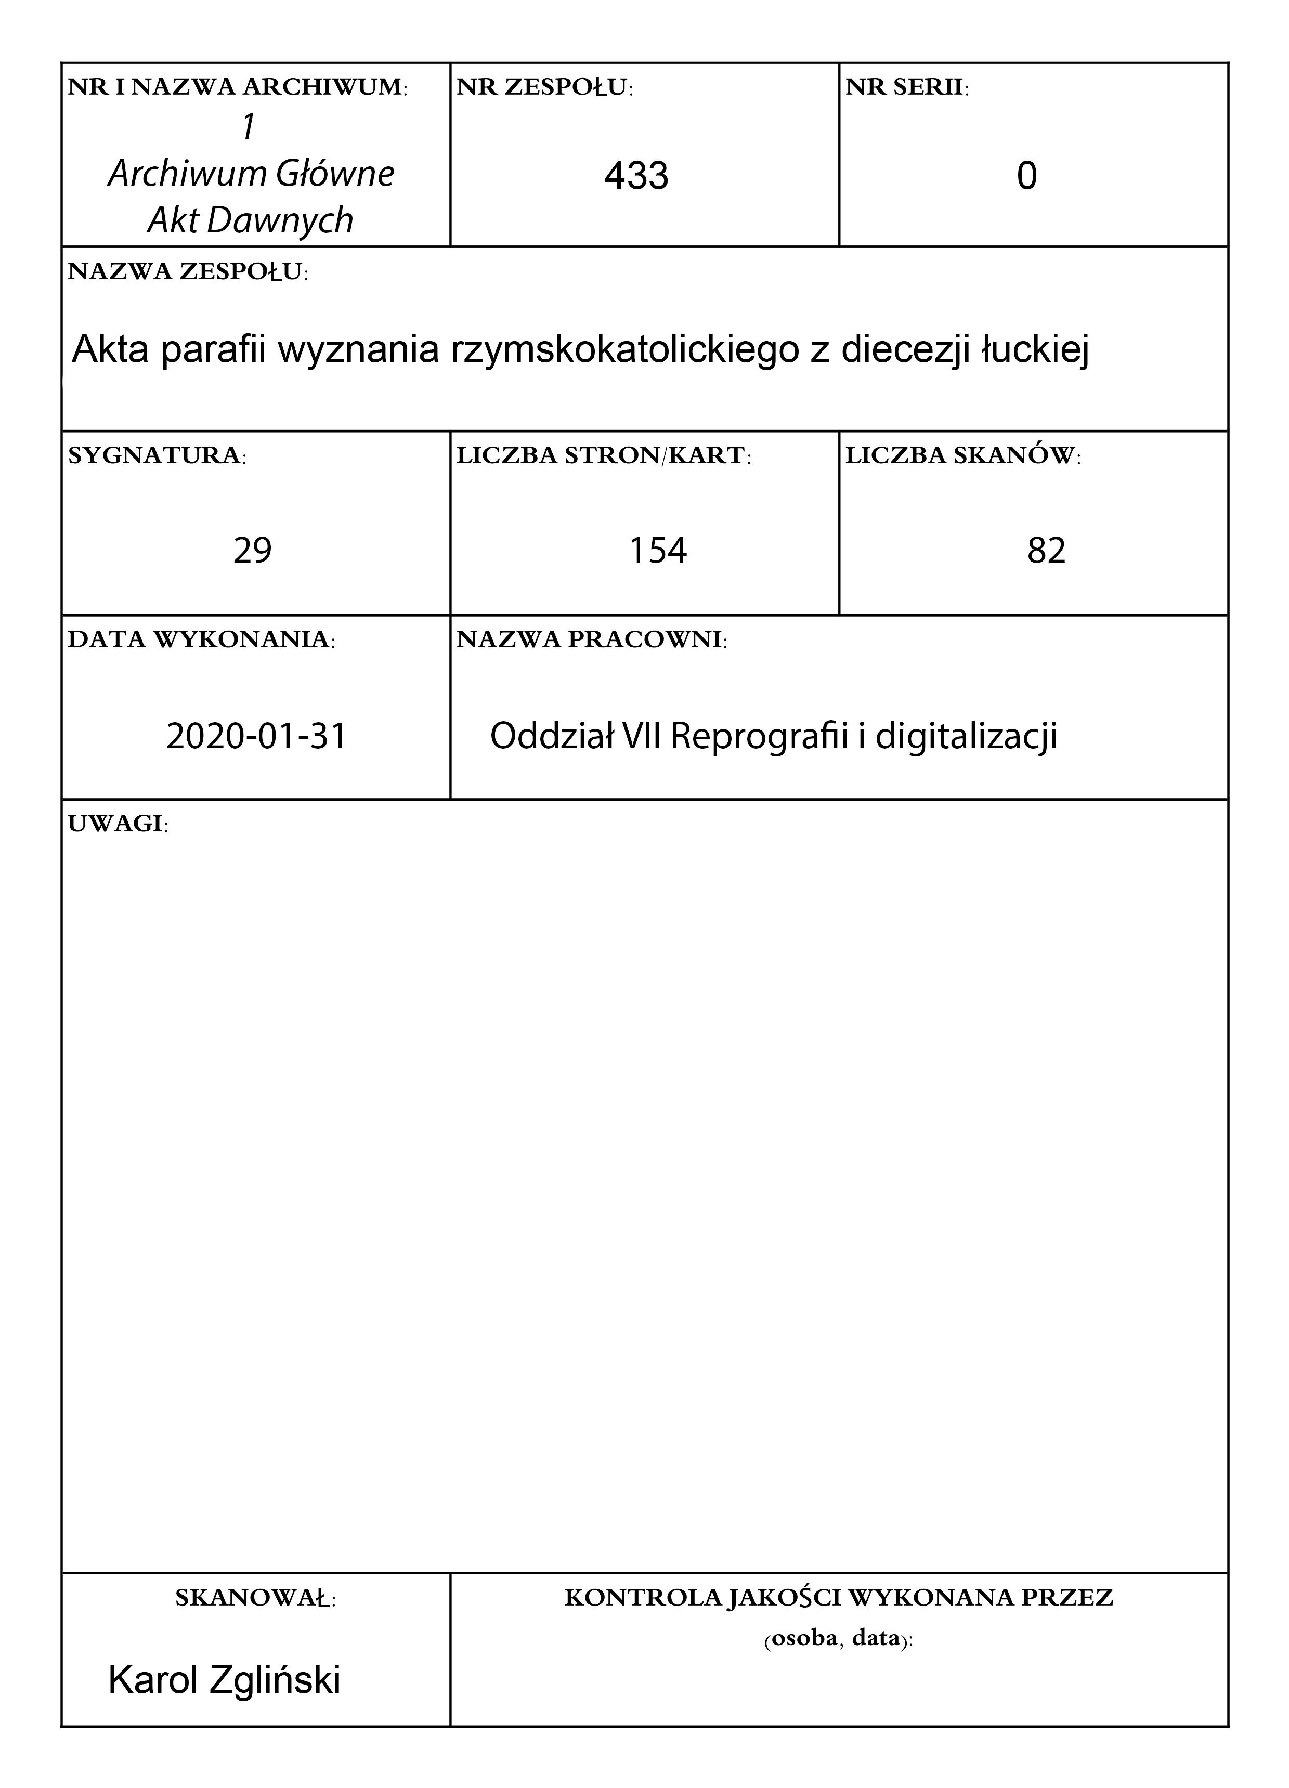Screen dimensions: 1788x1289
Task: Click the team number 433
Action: point(636,175)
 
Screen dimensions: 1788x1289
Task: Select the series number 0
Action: point(1026,175)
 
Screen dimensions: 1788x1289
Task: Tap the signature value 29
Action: point(252,550)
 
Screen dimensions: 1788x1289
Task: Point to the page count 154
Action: point(658,550)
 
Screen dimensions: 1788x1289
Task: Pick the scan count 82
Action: point(1046,550)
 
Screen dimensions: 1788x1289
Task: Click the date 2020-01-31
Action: point(256,736)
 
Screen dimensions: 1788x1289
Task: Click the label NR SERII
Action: point(907,87)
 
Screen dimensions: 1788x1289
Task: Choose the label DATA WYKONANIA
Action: point(201,639)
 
